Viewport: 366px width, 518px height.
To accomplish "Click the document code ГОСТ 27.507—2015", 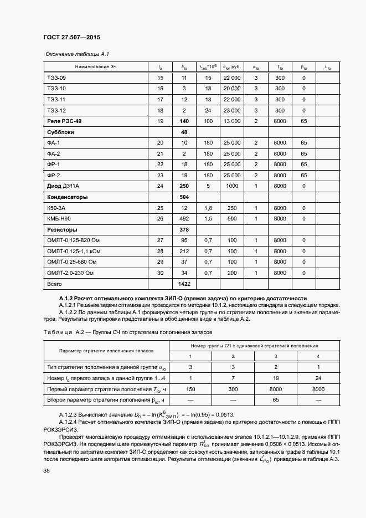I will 71,38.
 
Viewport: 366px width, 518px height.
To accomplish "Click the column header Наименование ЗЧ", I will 83,67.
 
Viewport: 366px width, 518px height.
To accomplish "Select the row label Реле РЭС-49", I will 65,121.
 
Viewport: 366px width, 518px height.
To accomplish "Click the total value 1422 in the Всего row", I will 184,283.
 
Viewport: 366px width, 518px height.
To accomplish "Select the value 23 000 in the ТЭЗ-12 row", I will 231,110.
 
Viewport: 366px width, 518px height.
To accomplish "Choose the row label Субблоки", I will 60,132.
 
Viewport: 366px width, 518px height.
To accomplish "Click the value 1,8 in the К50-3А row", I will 208,208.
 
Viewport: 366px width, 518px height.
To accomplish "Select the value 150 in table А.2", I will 191,389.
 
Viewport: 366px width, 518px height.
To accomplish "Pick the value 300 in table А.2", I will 233,389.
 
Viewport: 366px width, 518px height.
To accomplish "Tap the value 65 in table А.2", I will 275,399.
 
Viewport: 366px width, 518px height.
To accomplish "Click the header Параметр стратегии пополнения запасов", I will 106,351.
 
